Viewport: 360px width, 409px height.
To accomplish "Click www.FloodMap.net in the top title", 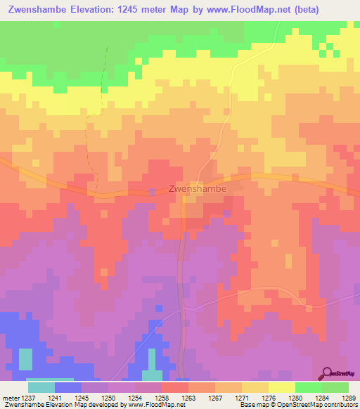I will [x=237, y=10].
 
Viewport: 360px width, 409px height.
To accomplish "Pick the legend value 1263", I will [x=189, y=398].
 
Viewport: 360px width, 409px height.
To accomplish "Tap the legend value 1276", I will [x=269, y=398].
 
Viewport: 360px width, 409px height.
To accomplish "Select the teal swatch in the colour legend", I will [x=41, y=387].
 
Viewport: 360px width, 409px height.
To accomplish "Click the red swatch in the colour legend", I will [x=174, y=387].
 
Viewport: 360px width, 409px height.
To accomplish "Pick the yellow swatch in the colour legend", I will [x=281, y=387].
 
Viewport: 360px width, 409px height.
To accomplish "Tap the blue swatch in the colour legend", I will [x=68, y=387].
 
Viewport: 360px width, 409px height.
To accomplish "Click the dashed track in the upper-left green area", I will [x=105, y=70].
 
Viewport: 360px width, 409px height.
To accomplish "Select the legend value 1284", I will [x=322, y=398].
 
